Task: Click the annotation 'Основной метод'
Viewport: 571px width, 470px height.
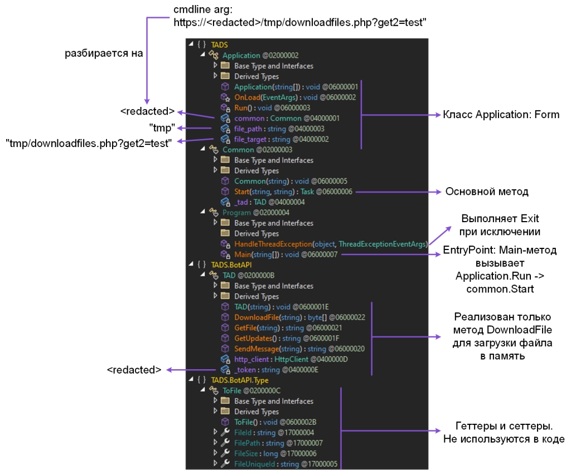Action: point(486,192)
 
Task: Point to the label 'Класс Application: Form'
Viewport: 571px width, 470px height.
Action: point(501,115)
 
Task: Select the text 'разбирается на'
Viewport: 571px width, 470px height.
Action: point(104,53)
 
